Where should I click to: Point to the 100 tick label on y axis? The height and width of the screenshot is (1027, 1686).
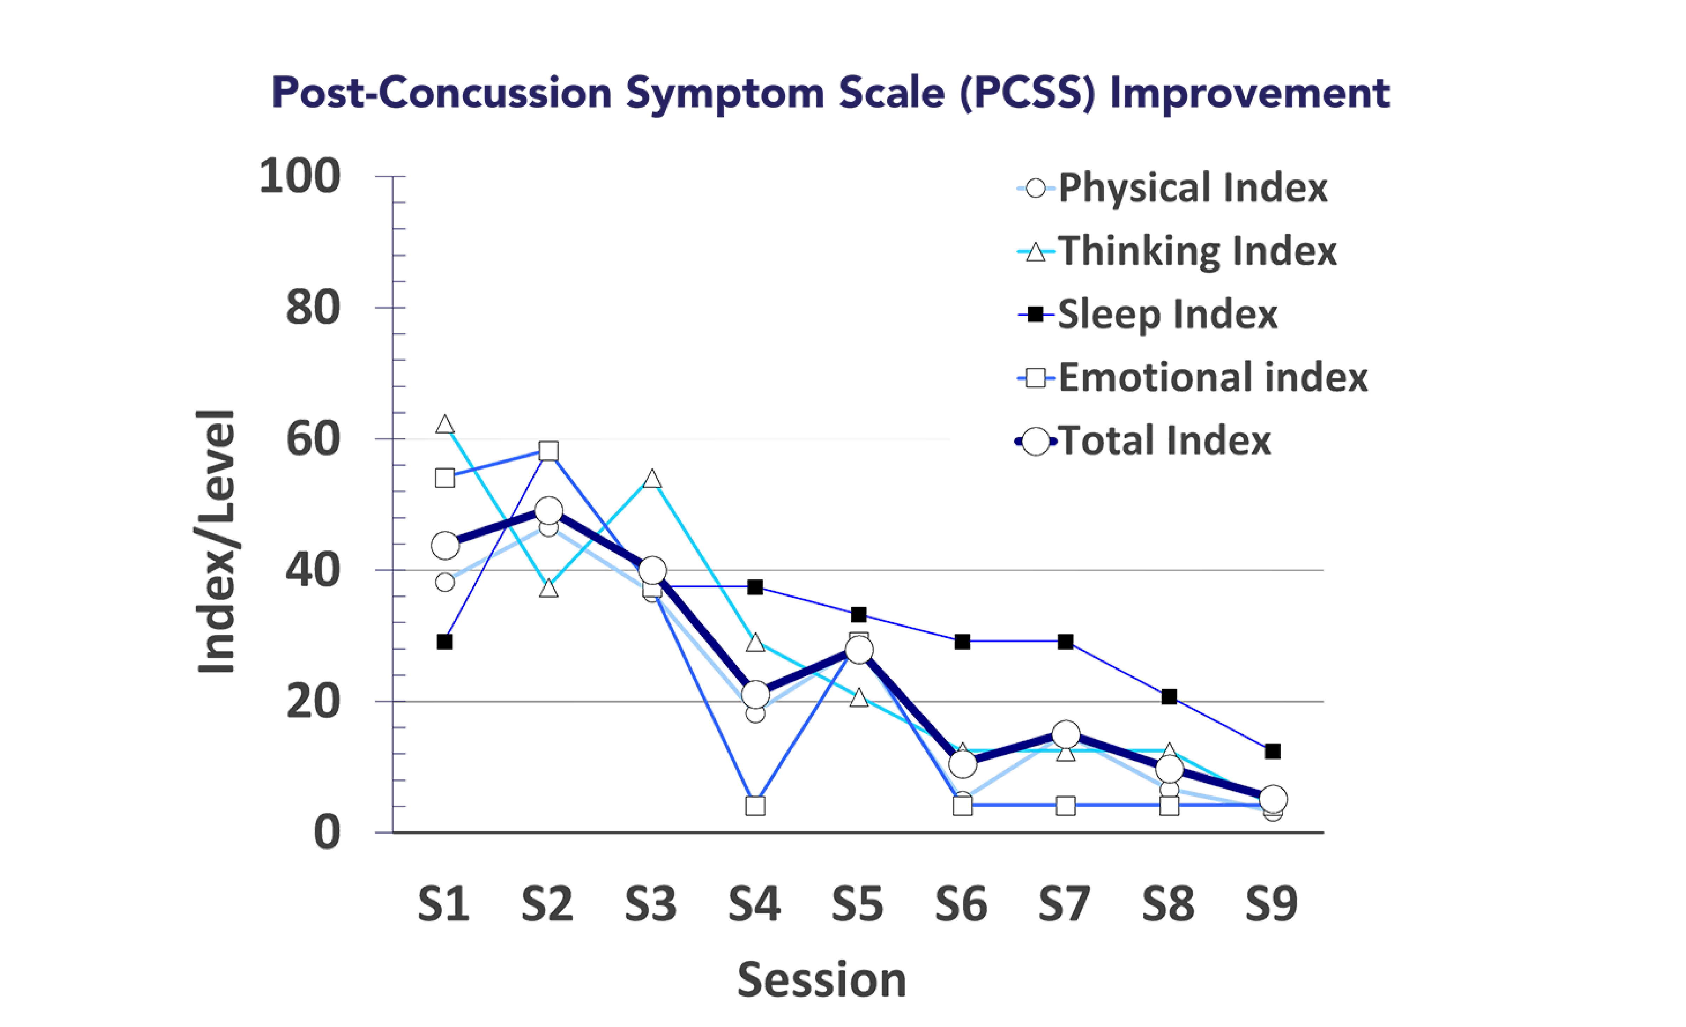[300, 177]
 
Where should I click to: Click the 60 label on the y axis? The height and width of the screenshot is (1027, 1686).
[313, 439]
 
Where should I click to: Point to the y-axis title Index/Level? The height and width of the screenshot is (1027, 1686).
[216, 541]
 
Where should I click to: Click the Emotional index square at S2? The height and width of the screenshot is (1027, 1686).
[548, 451]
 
